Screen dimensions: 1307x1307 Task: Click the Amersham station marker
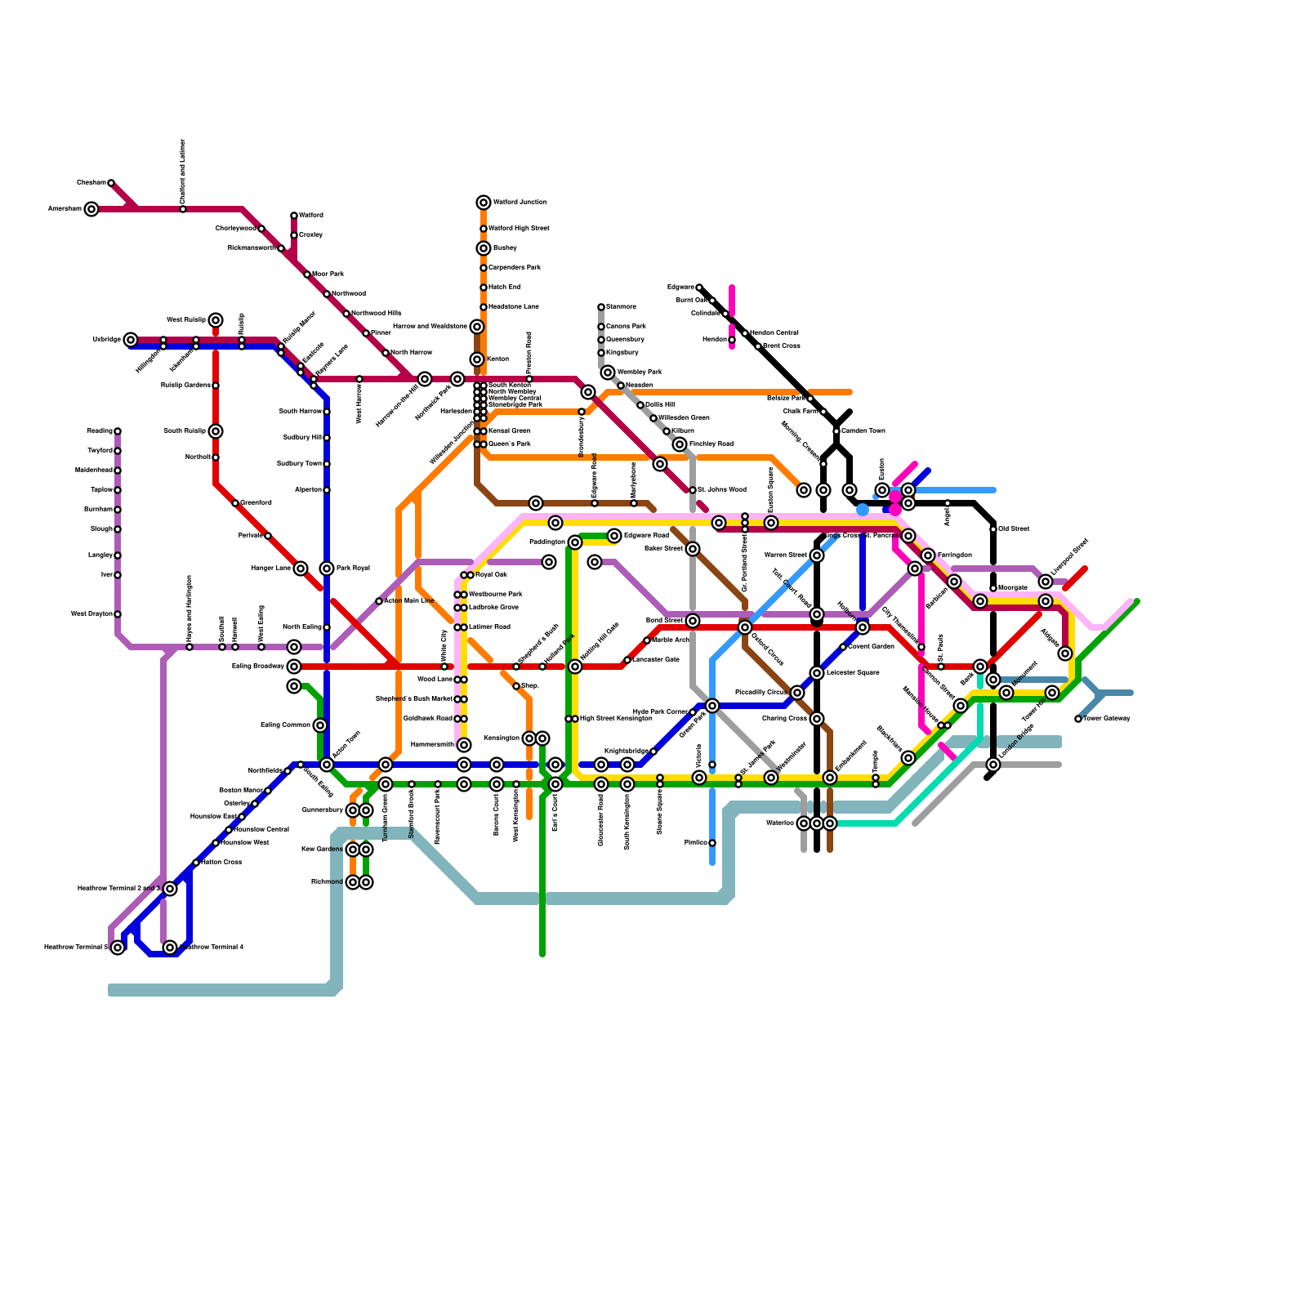91,209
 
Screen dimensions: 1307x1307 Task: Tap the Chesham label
91,183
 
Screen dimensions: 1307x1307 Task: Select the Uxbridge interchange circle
131,340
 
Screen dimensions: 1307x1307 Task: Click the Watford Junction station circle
484,203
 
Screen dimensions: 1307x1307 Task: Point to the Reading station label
100,431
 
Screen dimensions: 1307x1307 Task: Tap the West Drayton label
91,614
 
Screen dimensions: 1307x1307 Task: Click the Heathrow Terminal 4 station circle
170,948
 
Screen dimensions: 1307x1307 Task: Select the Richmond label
327,882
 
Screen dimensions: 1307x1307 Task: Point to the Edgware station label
680,288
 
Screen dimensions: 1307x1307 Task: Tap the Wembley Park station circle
608,372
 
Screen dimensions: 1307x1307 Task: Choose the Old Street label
1014,529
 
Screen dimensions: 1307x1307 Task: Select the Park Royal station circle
327,569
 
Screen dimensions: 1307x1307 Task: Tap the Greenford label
256,503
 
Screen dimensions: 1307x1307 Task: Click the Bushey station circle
484,248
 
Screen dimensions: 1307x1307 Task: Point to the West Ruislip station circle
216,320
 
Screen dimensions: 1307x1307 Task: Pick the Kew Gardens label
323,850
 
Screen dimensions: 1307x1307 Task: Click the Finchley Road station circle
680,444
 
